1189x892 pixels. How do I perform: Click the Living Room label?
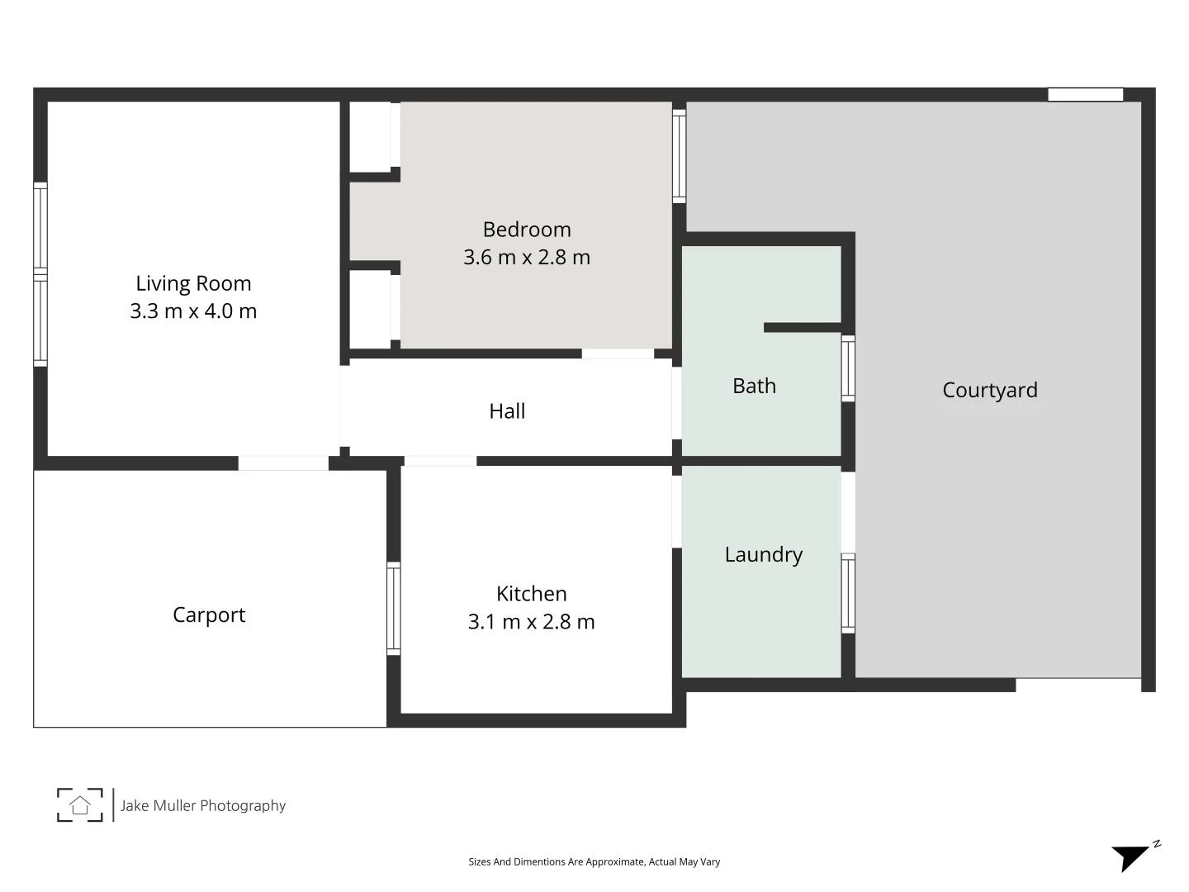[x=193, y=283]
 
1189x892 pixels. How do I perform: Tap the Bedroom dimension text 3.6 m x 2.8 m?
[x=527, y=258]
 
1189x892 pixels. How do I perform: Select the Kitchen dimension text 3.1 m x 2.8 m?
[x=531, y=622]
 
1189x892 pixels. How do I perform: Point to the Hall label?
[x=507, y=411]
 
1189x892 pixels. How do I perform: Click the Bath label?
[x=754, y=386]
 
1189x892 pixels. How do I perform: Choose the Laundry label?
[x=763, y=555]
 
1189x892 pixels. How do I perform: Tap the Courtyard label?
[x=990, y=390]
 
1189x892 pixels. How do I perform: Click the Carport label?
[x=209, y=615]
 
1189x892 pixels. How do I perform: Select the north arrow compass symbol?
[x=1133, y=856]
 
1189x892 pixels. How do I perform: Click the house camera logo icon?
[x=80, y=805]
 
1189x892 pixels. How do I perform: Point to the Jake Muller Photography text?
[x=203, y=805]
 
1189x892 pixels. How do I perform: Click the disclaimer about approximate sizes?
[x=594, y=861]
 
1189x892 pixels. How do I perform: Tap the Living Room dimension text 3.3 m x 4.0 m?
[x=193, y=311]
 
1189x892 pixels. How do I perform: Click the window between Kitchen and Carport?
[x=394, y=609]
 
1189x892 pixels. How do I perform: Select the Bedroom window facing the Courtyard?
[x=679, y=156]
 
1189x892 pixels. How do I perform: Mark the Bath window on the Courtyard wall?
[x=848, y=368]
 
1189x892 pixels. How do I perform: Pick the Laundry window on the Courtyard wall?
[x=848, y=593]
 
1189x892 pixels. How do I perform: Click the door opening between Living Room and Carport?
[x=283, y=463]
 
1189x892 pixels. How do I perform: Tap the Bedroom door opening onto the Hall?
[x=618, y=353]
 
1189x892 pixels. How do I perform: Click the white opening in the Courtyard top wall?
[x=1085, y=95]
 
